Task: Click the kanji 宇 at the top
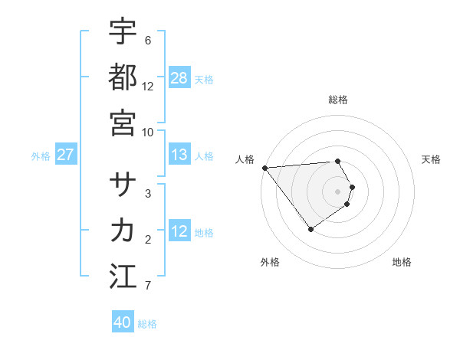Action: [123, 31]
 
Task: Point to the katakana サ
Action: [123, 185]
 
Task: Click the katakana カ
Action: [123, 230]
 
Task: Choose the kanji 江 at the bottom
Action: [123, 276]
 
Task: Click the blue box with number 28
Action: [179, 77]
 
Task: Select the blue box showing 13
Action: [179, 155]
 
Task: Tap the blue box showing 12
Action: [179, 231]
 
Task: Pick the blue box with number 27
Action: [65, 155]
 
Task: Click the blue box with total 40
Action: [123, 322]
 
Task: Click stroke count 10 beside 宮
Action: [148, 132]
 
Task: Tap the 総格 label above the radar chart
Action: [338, 100]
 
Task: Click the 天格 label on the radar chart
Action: [431, 159]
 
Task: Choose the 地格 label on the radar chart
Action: [402, 262]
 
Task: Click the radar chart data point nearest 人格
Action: [264, 167]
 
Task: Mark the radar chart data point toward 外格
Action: [310, 229]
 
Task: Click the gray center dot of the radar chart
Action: [338, 191]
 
